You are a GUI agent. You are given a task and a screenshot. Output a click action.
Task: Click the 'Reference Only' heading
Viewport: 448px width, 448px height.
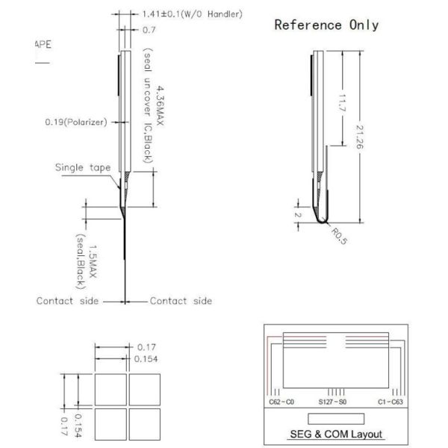[326, 25]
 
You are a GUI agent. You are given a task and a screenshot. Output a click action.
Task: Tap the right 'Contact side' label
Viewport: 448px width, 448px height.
[181, 301]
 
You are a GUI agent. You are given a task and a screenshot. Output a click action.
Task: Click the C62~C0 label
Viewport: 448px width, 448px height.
[281, 402]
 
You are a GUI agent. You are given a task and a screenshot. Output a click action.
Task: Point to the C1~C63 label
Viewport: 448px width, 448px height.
[391, 402]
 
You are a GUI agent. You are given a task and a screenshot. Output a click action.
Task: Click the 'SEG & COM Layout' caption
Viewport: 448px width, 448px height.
[335, 434]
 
